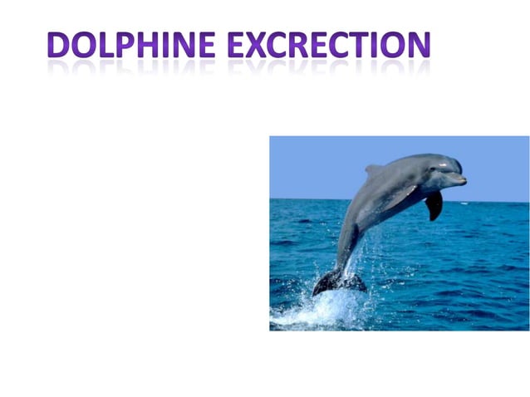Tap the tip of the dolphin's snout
pos(464,179)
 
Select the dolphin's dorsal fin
pos(375,170)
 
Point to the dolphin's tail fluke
pos(336,282)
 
